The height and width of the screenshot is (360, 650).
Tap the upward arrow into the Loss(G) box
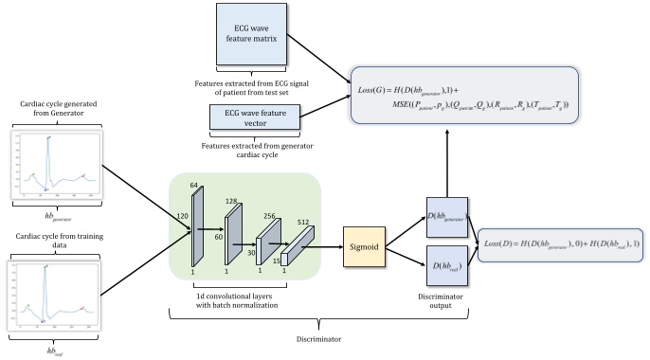click(x=449, y=166)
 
